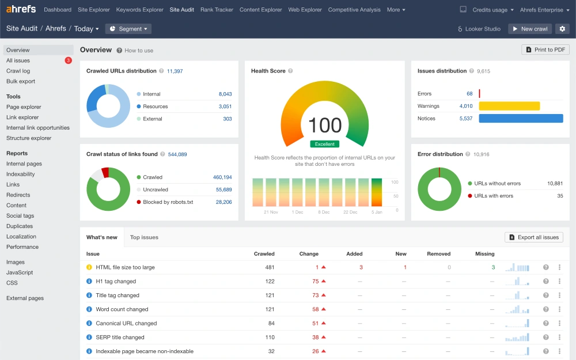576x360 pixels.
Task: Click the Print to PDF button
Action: pos(545,50)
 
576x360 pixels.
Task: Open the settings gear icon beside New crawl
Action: pos(563,29)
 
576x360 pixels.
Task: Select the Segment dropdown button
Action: pos(128,29)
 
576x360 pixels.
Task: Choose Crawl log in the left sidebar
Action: pos(18,71)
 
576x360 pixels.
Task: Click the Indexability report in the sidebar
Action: pos(21,174)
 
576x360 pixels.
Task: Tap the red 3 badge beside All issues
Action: pos(69,60)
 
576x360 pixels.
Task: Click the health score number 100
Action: pos(324,125)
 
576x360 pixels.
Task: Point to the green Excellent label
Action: pos(324,144)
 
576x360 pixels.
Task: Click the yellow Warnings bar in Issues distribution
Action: pos(509,106)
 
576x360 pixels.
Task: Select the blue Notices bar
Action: pos(521,118)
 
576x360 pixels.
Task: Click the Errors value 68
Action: pos(469,93)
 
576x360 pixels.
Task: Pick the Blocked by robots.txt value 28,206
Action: pos(223,202)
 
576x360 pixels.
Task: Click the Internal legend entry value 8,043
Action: pos(225,94)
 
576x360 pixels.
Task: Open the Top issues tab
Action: pos(144,237)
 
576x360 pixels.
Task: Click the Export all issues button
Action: pos(534,237)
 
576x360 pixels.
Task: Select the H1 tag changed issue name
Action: pos(116,281)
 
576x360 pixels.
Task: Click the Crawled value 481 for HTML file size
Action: pos(269,267)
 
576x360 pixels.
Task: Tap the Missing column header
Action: pos(484,253)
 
